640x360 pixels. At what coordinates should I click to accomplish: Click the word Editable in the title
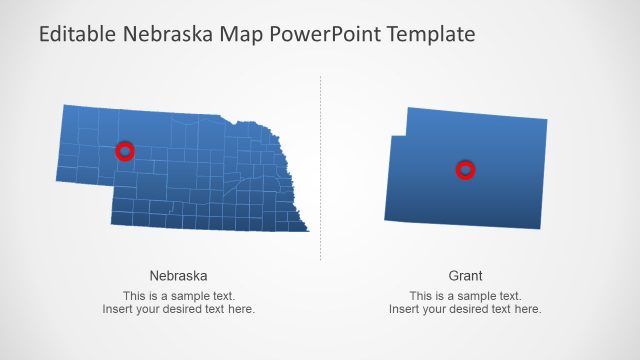pyautogui.click(x=79, y=35)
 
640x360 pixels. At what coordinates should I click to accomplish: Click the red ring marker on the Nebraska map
pyautogui.click(x=125, y=151)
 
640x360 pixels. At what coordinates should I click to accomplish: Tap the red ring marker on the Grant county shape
pyautogui.click(x=465, y=170)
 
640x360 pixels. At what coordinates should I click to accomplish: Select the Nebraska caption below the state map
pyautogui.click(x=179, y=275)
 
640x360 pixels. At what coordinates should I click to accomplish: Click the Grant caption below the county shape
pyautogui.click(x=465, y=275)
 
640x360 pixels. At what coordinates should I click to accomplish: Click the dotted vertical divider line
pyautogui.click(x=321, y=170)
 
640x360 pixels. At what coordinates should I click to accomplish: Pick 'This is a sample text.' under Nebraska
pyautogui.click(x=179, y=296)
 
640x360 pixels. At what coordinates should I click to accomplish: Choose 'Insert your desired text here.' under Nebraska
pyautogui.click(x=179, y=309)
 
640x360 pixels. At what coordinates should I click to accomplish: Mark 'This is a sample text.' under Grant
pyautogui.click(x=465, y=296)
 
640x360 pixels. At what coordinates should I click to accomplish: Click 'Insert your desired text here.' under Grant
pyautogui.click(x=465, y=309)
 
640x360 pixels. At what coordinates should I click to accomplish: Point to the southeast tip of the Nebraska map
pyautogui.click(x=308, y=231)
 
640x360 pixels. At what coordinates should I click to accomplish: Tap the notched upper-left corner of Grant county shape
pyautogui.click(x=407, y=134)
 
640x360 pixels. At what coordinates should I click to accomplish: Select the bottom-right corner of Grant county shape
pyautogui.click(x=540, y=228)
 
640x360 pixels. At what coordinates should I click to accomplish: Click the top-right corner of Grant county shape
pyautogui.click(x=546, y=120)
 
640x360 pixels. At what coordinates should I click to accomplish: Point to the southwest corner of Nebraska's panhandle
pyautogui.click(x=58, y=180)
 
